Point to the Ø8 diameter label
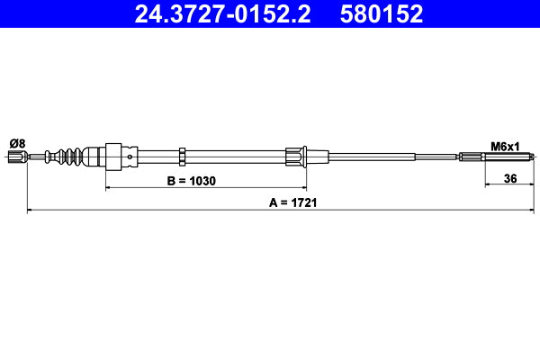click(x=16, y=142)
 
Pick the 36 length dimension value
click(x=509, y=179)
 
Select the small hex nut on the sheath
click(x=183, y=157)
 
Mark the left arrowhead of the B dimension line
click(x=109, y=188)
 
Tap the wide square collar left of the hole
click(x=113, y=157)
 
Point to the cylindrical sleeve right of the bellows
click(x=91, y=157)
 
